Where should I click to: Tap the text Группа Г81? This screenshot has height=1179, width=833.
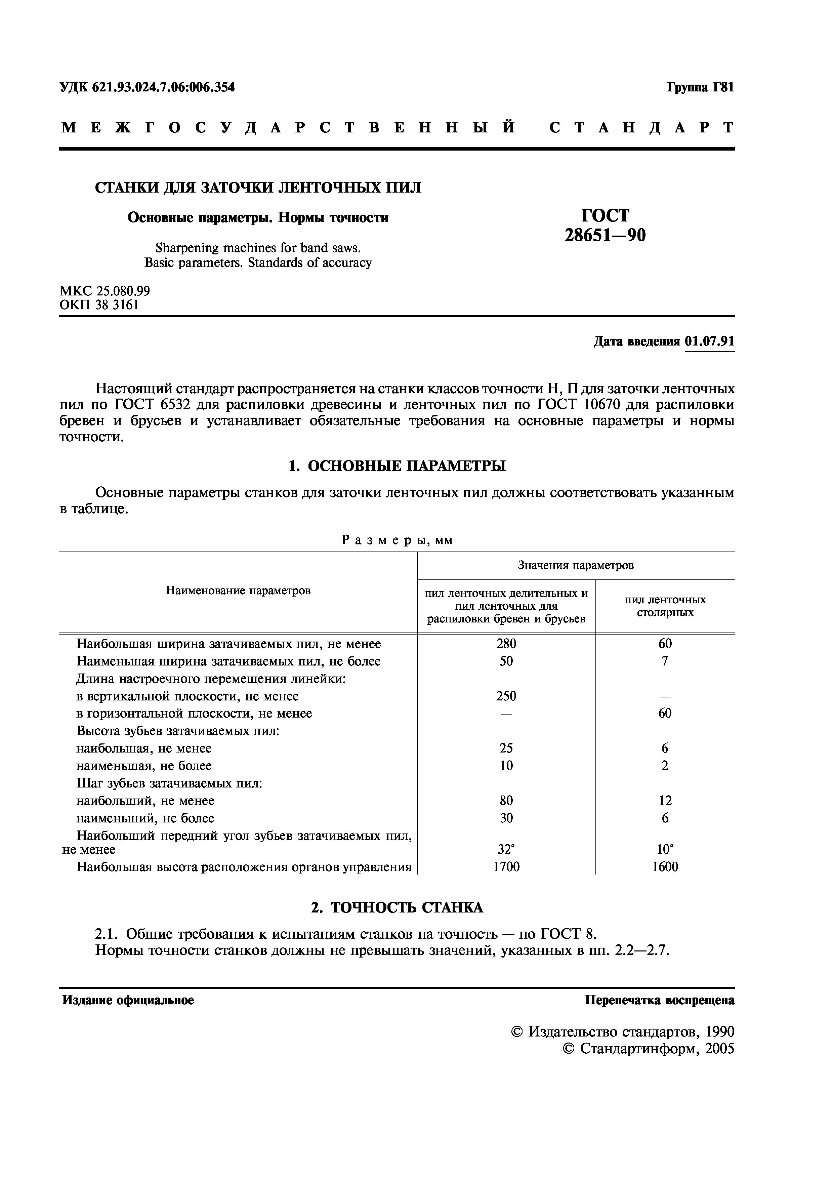701,87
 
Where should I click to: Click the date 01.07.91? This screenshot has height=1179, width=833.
709,341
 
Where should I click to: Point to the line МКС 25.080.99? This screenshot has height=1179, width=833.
105,291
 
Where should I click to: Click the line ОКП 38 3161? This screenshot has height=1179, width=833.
99,305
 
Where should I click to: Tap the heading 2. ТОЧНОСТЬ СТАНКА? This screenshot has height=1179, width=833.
397,907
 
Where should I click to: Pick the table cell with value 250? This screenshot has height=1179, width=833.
506,696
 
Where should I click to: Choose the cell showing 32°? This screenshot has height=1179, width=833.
506,849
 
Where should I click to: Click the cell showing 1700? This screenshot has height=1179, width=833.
506,867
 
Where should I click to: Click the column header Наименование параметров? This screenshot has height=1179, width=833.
238,591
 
